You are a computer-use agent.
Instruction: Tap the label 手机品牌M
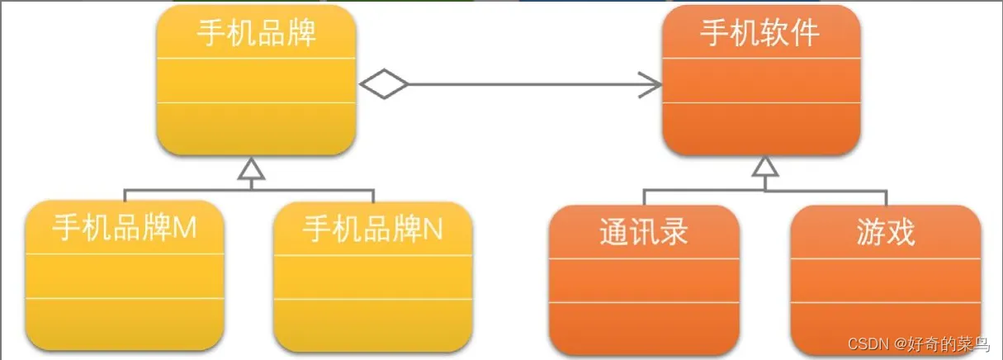125,229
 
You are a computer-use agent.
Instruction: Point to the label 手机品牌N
373,229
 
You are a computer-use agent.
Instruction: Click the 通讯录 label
644,232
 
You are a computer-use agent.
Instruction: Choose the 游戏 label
886,232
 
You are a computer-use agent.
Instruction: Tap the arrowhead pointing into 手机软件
651,83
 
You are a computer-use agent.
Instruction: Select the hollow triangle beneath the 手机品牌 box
250,169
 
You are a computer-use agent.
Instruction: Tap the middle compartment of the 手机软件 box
760,81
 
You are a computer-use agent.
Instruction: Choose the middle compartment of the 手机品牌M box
125,276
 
